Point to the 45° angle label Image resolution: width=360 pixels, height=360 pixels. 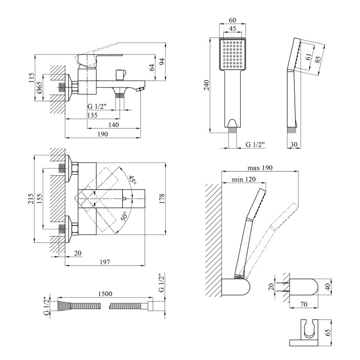coord(133,181)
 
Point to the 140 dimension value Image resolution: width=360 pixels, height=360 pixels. coord(114,125)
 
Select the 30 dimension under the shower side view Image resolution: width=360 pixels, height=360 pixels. coord(293,145)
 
